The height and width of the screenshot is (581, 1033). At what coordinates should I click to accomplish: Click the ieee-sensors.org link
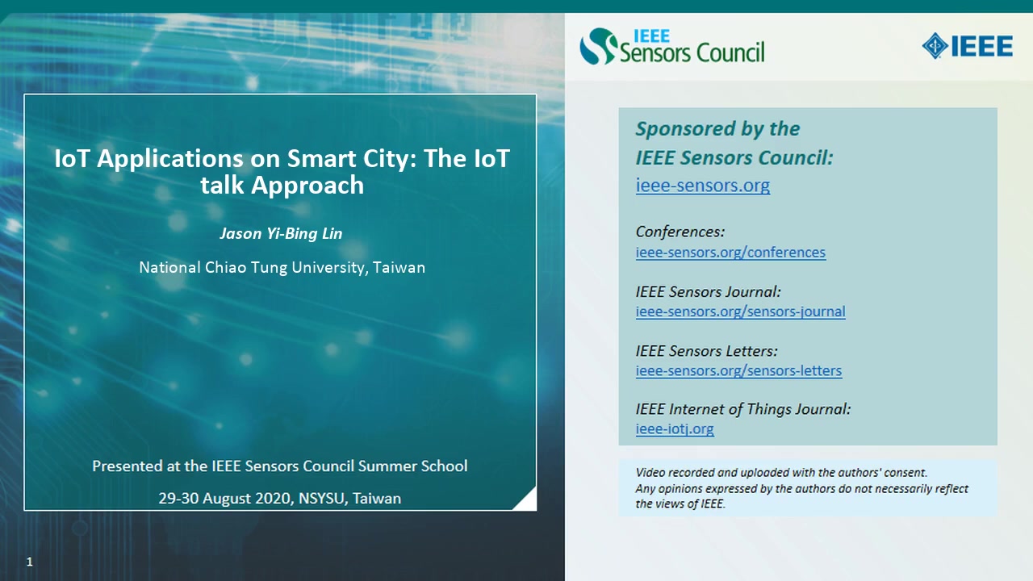[x=702, y=186]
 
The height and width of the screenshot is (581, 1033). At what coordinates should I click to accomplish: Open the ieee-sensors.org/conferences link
[x=730, y=253]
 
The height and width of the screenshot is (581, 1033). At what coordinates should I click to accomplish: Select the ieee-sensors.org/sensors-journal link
[x=740, y=311]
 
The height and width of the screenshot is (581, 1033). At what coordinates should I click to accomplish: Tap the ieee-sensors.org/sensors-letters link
[x=738, y=370]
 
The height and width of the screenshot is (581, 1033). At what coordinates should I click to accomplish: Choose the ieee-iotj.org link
[x=675, y=428]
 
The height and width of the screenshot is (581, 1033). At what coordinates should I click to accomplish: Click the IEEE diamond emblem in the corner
[x=935, y=46]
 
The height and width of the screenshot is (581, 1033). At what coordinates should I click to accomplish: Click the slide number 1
[x=30, y=562]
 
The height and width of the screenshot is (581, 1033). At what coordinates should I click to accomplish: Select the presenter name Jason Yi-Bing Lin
[x=281, y=234]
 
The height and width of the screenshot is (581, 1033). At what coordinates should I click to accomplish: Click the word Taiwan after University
[x=399, y=267]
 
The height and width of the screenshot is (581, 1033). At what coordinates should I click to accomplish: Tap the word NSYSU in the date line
[x=321, y=499]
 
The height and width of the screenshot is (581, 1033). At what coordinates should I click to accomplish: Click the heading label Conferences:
[x=680, y=232]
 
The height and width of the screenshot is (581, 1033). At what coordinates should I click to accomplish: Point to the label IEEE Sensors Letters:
[x=706, y=351]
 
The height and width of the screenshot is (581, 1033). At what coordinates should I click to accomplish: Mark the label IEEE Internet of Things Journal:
[x=743, y=409]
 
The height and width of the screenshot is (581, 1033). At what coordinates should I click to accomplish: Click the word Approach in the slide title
[x=307, y=186]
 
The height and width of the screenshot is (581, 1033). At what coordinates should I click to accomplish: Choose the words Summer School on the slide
[x=412, y=466]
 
